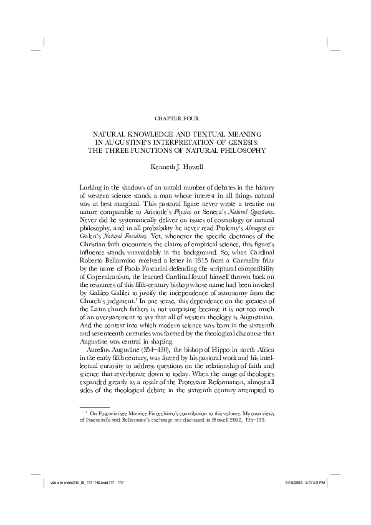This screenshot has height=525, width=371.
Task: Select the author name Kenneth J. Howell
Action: click(x=185, y=166)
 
